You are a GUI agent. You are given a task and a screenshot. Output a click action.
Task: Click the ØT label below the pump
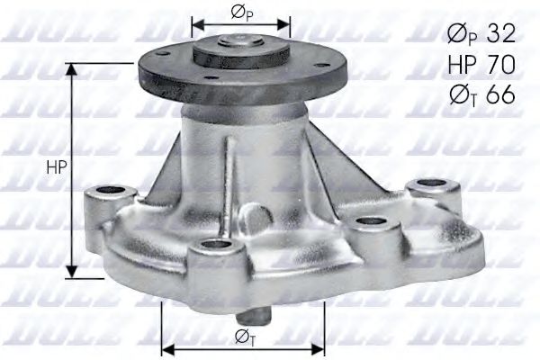(242, 337)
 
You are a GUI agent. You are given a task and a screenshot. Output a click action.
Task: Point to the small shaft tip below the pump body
(255, 319)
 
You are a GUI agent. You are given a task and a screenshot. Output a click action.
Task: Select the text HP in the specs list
(462, 64)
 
